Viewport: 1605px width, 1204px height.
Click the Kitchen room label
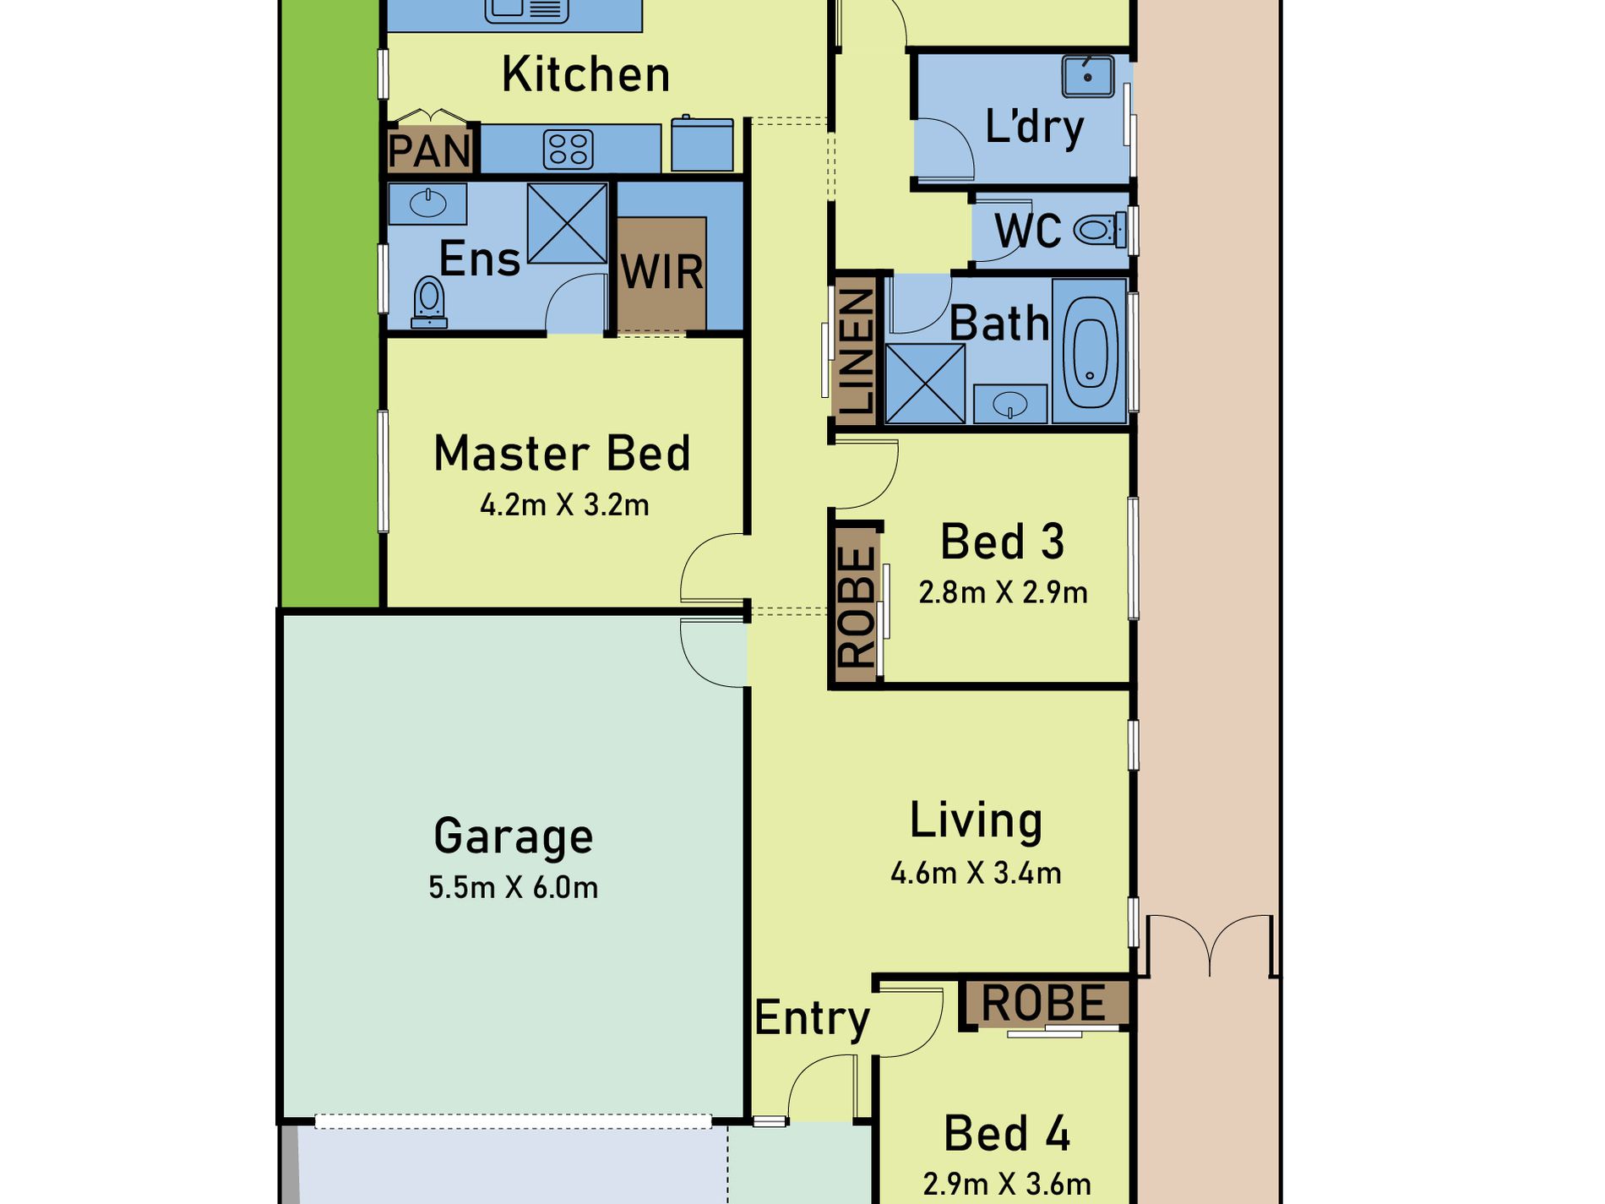[x=586, y=74]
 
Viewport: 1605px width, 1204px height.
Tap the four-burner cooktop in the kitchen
[x=568, y=150]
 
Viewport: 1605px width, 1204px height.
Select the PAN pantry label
[x=430, y=151]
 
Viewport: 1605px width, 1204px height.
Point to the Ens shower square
[x=567, y=223]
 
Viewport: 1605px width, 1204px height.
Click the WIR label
[x=661, y=272]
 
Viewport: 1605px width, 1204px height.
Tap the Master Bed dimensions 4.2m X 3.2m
[x=564, y=505]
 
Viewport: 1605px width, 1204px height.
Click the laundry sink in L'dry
[x=1087, y=77]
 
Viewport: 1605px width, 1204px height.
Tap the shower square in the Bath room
[x=925, y=383]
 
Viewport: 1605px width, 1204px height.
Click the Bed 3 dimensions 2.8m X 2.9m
[x=1004, y=592]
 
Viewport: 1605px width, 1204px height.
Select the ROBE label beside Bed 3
[x=857, y=606]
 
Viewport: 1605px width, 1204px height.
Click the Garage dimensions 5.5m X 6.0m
[x=514, y=887]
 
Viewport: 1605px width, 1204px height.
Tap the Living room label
[x=977, y=821]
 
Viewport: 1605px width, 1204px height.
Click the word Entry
[x=812, y=1018]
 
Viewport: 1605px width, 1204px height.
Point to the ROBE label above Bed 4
[x=1043, y=1004]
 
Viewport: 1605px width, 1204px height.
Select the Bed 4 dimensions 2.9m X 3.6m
[x=1007, y=1185]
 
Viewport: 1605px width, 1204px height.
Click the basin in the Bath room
[x=1010, y=405]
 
